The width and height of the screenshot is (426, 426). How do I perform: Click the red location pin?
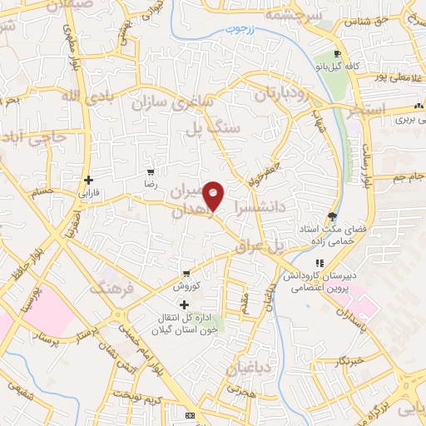coord(214,196)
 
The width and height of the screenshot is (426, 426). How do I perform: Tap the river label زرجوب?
coord(242,31)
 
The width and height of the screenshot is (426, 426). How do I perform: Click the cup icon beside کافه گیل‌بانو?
coord(336,50)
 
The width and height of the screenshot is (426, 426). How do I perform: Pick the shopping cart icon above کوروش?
coord(187,275)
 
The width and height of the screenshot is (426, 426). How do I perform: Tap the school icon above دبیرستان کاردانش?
coord(316,264)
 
